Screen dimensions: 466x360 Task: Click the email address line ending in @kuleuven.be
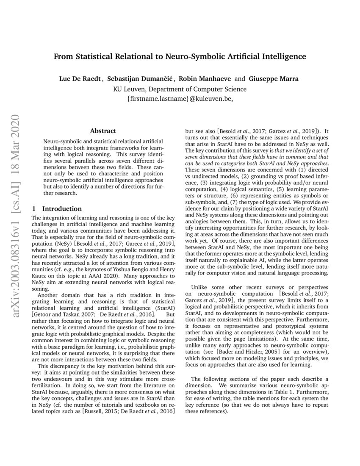pyautogui.click(x=180, y=99)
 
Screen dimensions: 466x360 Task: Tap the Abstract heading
pyautogui.click(x=103, y=131)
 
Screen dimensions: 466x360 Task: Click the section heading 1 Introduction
pyautogui.click(x=57, y=209)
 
